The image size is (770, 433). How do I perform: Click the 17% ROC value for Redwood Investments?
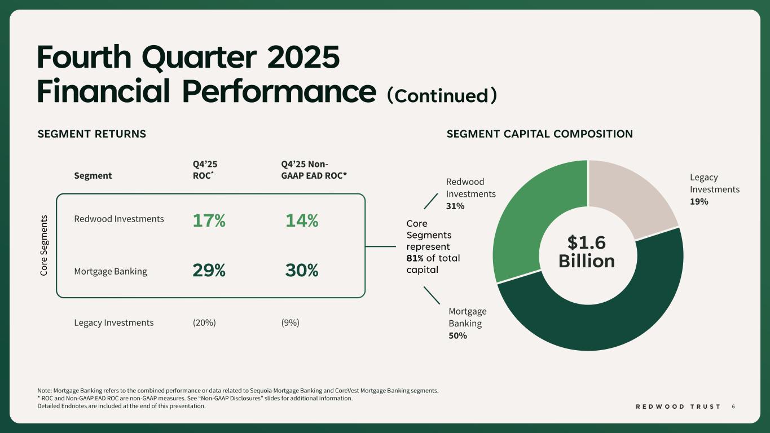coord(209,222)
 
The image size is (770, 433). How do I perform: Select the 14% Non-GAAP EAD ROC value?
coord(302,222)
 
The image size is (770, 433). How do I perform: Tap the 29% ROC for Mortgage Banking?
coord(209,271)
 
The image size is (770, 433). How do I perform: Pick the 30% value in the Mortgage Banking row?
coord(302,271)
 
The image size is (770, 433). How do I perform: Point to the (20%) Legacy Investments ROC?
coord(204,322)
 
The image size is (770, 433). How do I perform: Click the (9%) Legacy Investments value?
coord(290,322)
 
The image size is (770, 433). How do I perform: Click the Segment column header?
coord(93,175)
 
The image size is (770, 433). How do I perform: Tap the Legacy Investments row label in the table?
coord(113,322)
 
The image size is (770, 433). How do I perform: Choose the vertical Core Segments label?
coord(45,245)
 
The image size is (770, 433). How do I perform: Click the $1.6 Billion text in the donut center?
coord(587,251)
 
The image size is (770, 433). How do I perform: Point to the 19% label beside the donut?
coord(699,201)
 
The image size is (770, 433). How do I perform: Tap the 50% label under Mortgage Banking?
coord(457,335)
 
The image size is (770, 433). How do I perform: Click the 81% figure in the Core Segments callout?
coord(415,258)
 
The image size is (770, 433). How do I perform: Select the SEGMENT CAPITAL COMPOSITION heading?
coord(539,134)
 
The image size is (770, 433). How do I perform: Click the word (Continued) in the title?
coord(442,95)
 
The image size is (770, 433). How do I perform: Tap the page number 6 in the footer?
coord(733,407)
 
